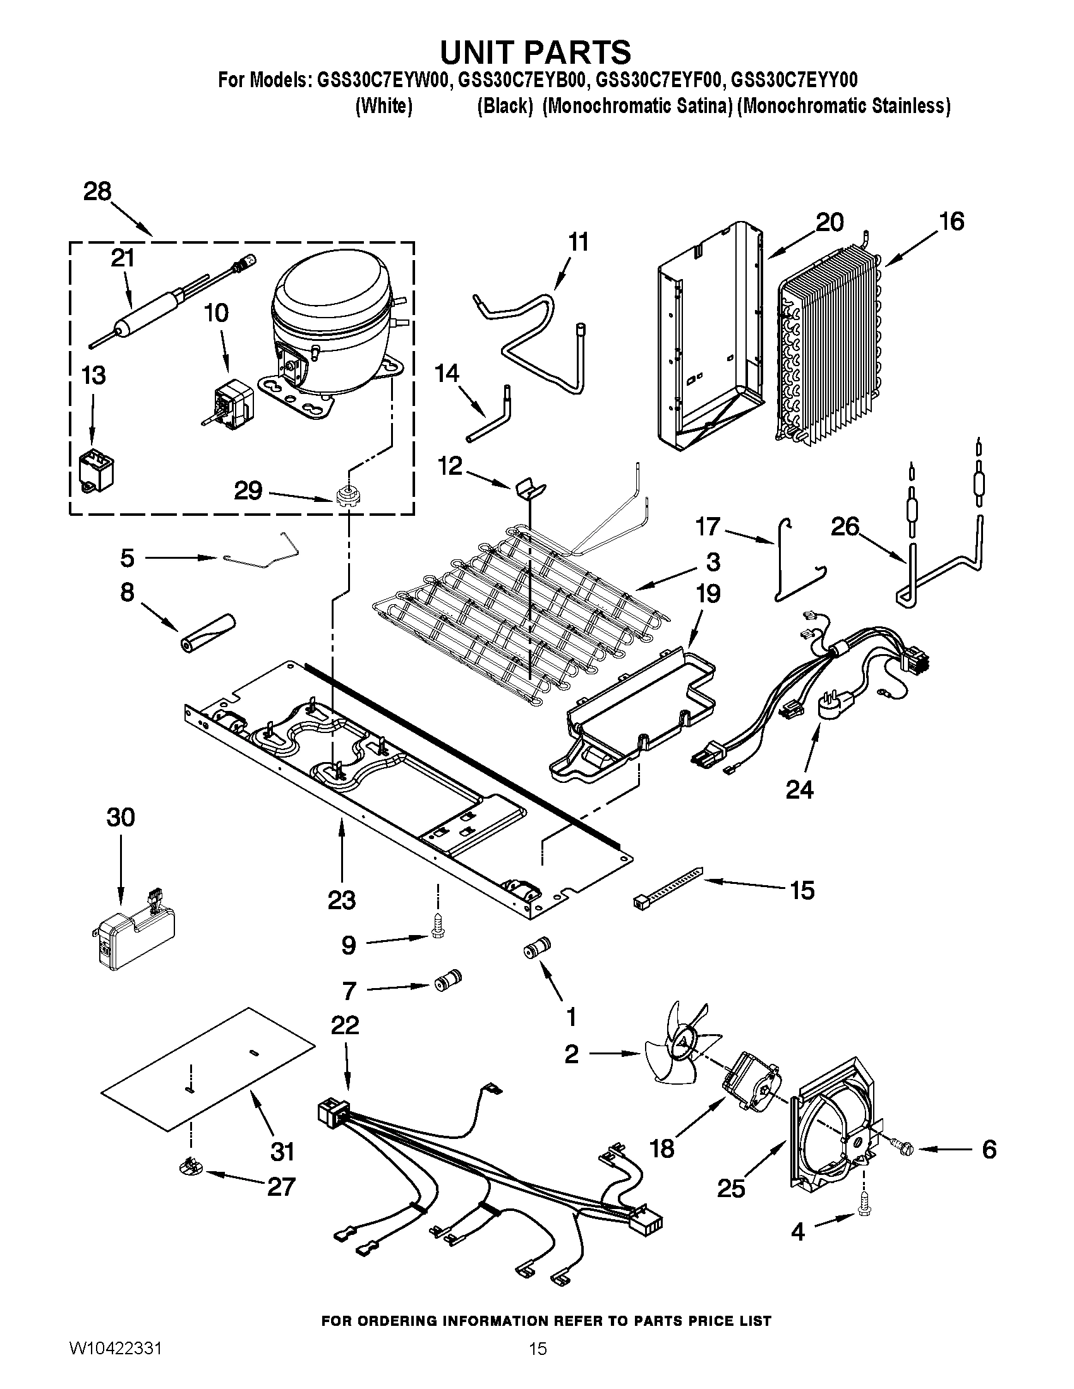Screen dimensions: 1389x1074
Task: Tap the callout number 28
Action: tap(97, 191)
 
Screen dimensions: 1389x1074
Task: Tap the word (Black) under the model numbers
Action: tap(505, 106)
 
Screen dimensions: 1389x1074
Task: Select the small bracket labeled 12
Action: tap(529, 487)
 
